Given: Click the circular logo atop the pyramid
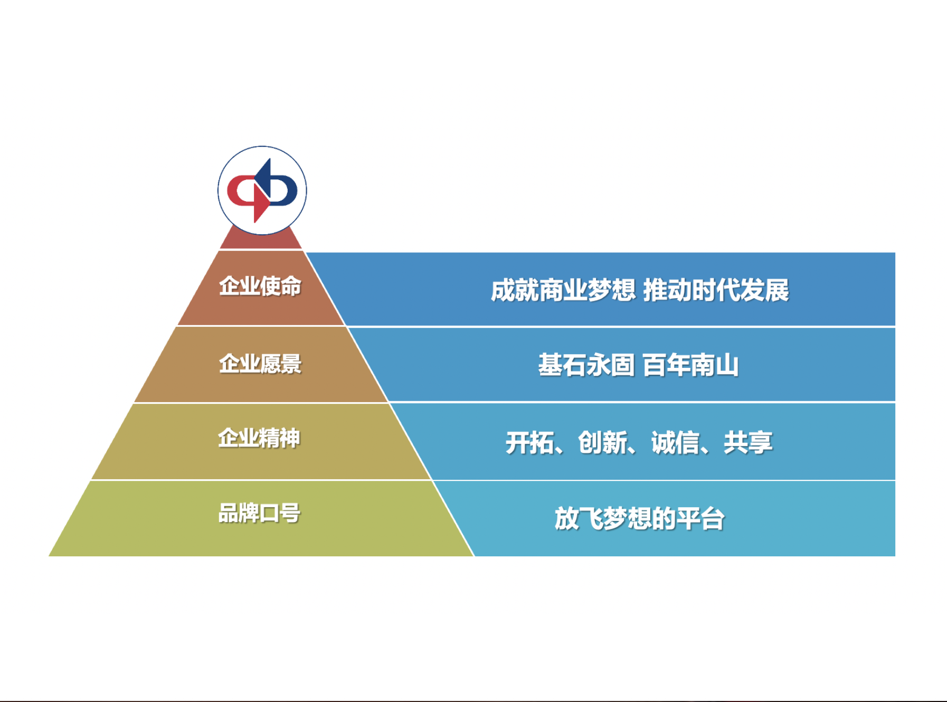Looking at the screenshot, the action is point(262,191).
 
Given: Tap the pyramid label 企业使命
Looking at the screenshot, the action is point(260,286).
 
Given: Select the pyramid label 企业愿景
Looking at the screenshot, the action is point(260,364).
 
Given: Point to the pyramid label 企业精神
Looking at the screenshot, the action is point(259,438).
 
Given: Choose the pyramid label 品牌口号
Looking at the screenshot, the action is point(259,513).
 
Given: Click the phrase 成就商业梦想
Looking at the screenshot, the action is point(563,290).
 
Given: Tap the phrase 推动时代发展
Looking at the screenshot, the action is point(716,290).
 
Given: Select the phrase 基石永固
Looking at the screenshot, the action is point(586,365).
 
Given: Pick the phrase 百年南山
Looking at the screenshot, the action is point(691,365).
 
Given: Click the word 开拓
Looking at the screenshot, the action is point(529,442).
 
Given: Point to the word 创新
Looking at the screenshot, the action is point(602,442).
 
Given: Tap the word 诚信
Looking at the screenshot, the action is point(675,442).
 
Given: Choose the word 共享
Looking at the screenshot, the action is point(748,442).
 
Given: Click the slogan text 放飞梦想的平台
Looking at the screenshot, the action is point(639,518).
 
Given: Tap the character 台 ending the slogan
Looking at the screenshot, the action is point(713,518).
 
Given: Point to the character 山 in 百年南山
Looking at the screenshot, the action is point(727,365).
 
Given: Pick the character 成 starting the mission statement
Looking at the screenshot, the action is point(503,290).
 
